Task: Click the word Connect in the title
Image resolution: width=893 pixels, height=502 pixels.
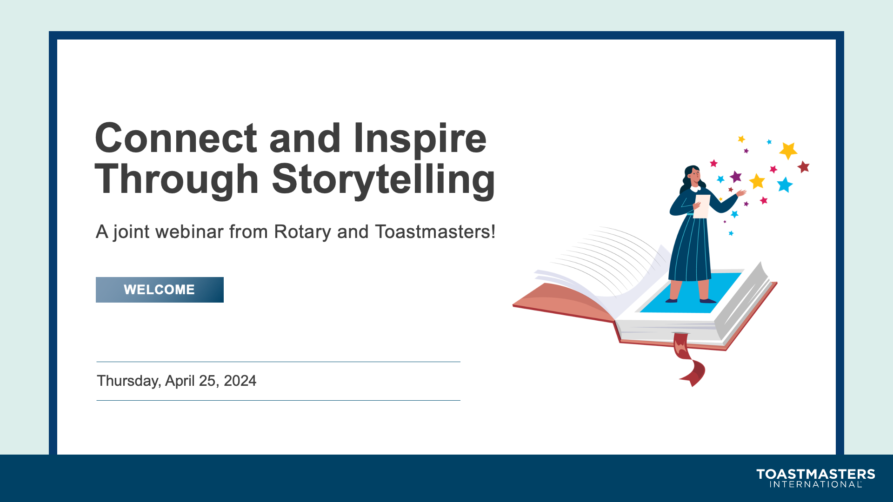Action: (176, 138)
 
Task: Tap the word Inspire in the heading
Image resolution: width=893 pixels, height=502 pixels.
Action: (420, 139)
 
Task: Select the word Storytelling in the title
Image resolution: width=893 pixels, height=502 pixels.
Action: (384, 180)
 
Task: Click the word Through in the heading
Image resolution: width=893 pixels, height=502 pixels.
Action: (177, 180)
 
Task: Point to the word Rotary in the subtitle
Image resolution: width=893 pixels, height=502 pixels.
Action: (302, 232)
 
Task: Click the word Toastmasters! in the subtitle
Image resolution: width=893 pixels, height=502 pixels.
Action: (435, 231)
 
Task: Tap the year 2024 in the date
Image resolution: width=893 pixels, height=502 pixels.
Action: (240, 381)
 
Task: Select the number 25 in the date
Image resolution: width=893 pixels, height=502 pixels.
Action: (208, 381)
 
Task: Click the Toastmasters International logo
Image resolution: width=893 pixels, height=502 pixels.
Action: (816, 478)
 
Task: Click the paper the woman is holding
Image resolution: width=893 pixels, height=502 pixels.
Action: (702, 206)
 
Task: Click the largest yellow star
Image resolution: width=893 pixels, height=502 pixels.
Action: (788, 151)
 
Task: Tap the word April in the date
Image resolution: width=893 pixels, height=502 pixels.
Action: (180, 381)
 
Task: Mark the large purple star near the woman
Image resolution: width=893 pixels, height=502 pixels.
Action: (736, 177)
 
